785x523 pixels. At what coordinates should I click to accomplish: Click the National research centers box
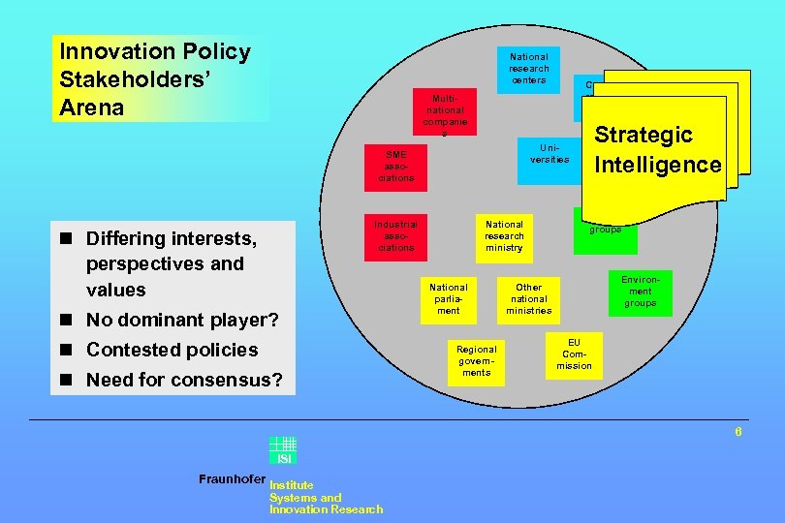(529, 69)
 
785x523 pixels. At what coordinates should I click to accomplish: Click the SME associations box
(396, 166)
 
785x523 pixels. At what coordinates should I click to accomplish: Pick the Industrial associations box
(396, 235)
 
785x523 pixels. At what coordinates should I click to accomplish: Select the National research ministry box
(504, 235)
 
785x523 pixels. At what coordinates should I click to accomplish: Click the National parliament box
(448, 298)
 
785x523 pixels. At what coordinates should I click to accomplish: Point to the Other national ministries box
(529, 298)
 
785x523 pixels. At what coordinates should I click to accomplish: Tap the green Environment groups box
(640, 292)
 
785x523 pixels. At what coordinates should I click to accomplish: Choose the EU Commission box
(574, 354)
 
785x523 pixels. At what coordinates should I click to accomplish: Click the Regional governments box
(476, 360)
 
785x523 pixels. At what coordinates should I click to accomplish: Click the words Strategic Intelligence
(658, 149)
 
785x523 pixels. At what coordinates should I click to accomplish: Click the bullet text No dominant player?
(182, 321)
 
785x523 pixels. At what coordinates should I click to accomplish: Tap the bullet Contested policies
(172, 350)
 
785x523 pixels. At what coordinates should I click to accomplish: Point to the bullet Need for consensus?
(184, 380)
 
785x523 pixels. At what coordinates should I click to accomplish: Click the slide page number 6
(738, 432)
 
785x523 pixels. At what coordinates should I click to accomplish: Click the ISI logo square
(283, 450)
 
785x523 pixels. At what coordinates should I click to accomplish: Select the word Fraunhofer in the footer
(232, 479)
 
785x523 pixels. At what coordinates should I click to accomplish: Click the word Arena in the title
(92, 108)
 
